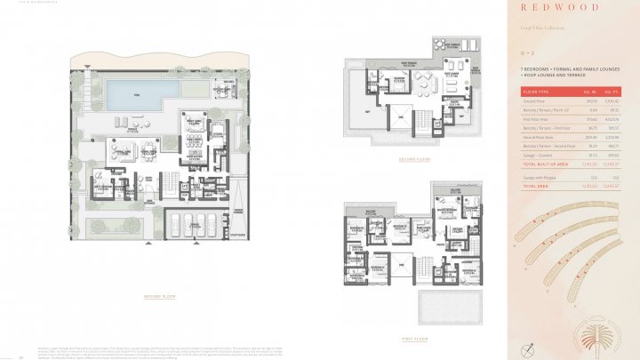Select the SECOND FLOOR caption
click(x=414, y=159)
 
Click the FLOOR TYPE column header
click(x=537, y=92)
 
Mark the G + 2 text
click(x=527, y=52)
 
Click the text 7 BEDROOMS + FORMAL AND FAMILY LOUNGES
click(x=564, y=68)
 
